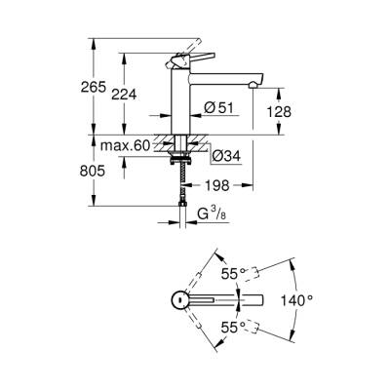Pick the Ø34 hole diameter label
point(222,151)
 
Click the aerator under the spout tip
point(253,86)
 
